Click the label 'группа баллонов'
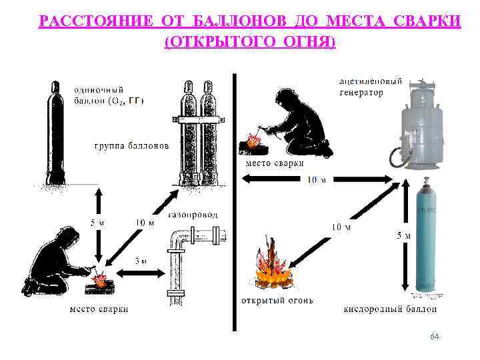click(131, 145)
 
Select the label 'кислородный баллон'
click(391, 309)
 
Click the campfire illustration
click(271, 267)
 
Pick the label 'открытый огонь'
click(276, 300)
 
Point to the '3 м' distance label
click(141, 261)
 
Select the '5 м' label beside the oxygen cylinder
click(403, 235)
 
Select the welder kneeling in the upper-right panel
click(293, 123)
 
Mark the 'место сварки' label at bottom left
click(99, 309)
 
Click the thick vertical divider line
click(234, 200)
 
